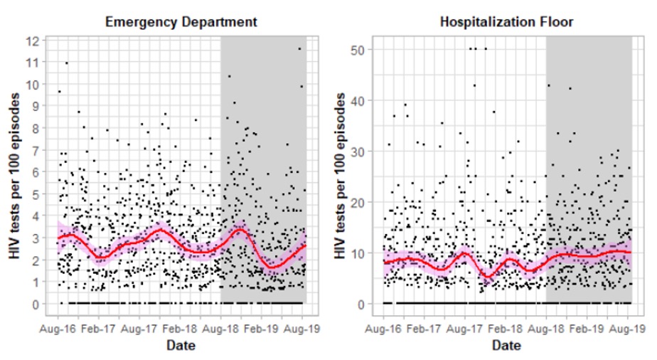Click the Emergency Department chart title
pos(181,22)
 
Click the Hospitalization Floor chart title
pos(506,22)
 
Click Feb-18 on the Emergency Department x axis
pos(181,330)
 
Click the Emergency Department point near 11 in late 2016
pos(67,63)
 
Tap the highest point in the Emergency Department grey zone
pos(299,49)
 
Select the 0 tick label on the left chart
pos(33,304)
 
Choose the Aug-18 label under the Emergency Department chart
pos(221,330)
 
